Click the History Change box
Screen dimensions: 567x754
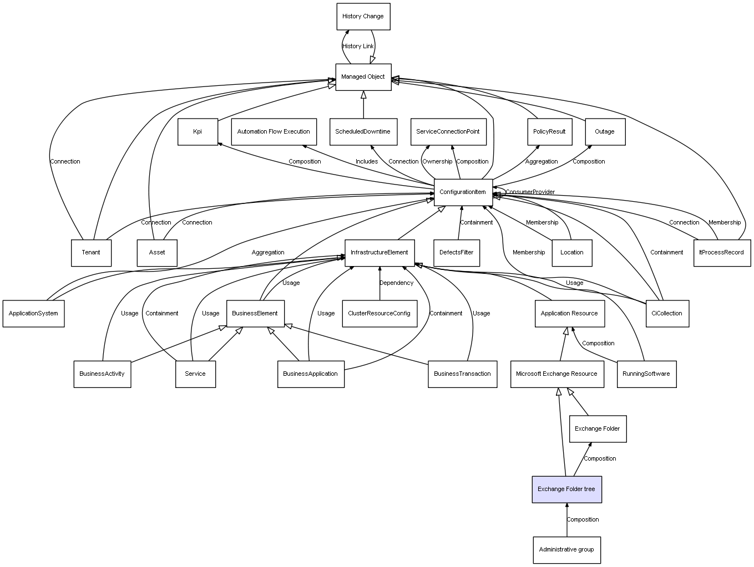(x=363, y=17)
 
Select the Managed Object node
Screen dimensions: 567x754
(x=363, y=77)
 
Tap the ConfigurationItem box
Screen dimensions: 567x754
(x=463, y=192)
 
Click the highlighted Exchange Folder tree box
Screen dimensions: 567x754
(x=566, y=489)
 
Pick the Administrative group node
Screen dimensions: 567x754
(x=566, y=550)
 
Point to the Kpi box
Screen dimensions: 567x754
(x=198, y=132)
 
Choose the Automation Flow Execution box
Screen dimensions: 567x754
(x=274, y=132)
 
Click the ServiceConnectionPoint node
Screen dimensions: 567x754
(x=448, y=132)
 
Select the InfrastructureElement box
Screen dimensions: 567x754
(x=379, y=253)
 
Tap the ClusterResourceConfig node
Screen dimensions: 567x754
(x=379, y=314)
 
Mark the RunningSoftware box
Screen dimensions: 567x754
(x=646, y=374)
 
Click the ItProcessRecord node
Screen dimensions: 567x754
(x=722, y=253)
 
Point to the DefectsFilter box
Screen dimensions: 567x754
(x=457, y=253)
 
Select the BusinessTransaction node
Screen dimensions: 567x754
(x=462, y=374)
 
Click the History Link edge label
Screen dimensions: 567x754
(x=358, y=47)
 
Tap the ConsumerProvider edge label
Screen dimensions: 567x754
(x=530, y=192)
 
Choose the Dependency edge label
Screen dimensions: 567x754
(x=396, y=283)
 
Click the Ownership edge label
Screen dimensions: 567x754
(x=437, y=162)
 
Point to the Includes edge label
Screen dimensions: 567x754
(x=367, y=162)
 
